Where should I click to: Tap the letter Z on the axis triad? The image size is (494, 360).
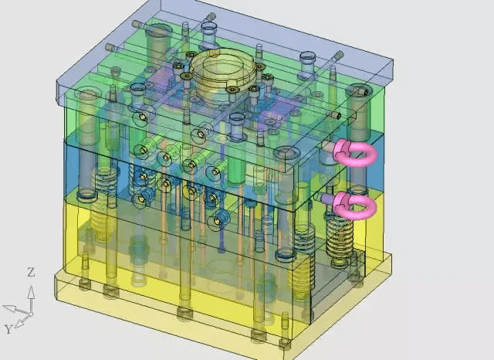coord(31,272)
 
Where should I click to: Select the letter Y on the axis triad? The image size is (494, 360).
coord(8,329)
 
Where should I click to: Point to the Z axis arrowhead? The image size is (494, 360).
coord(31,291)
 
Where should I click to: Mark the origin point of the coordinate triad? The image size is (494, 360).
coord(31,314)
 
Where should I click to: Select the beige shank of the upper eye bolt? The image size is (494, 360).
coord(328,146)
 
